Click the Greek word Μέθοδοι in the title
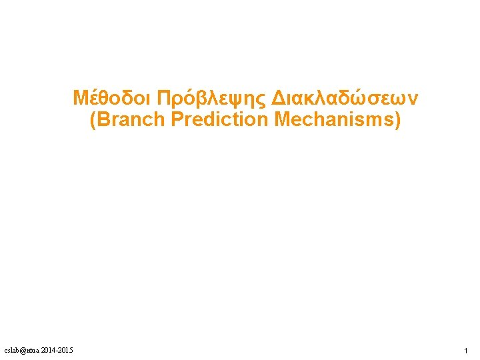click(x=111, y=99)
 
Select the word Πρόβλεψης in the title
click(x=210, y=99)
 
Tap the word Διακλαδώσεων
click(x=344, y=99)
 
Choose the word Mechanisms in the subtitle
click(x=333, y=120)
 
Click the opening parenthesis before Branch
click(x=92, y=121)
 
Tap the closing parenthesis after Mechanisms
click(x=397, y=121)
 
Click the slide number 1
click(x=466, y=351)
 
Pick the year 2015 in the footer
click(x=65, y=351)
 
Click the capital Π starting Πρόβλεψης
click(x=163, y=99)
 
